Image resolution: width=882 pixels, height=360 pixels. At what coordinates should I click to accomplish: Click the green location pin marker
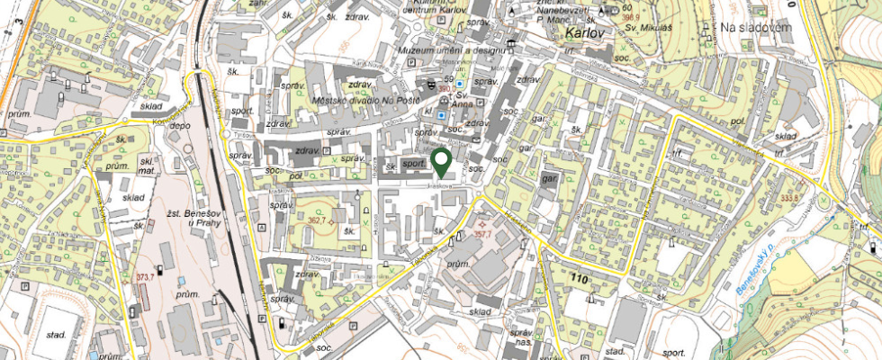click(441, 162)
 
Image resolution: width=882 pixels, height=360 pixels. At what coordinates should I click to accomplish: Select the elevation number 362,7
click(317, 219)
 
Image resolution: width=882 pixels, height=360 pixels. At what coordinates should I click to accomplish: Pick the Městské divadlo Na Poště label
click(365, 100)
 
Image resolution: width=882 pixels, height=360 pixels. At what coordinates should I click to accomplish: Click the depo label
click(180, 126)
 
